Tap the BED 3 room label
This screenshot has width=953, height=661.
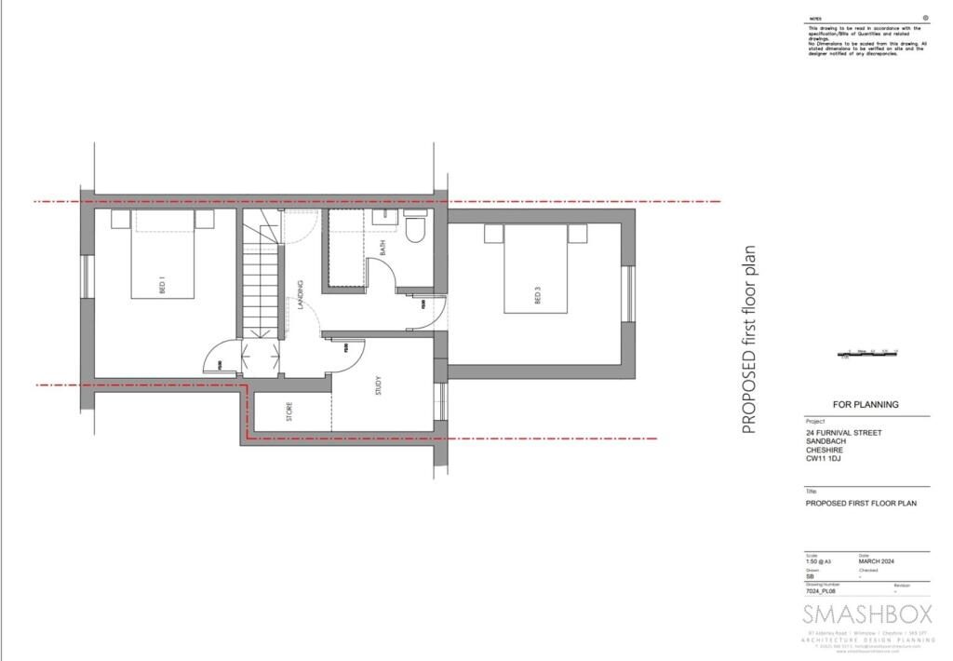click(x=538, y=295)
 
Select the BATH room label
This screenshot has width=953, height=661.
click(x=382, y=248)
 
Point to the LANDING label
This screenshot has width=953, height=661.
click(x=301, y=295)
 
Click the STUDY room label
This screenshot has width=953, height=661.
click(x=379, y=385)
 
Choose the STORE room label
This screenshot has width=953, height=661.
click(x=289, y=411)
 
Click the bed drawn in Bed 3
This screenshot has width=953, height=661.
click(x=537, y=270)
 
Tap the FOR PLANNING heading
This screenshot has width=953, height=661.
click(x=866, y=405)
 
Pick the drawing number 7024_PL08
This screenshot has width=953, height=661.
click(x=823, y=591)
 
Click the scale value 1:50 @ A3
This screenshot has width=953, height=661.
click(x=819, y=561)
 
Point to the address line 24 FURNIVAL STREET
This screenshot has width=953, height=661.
click(x=843, y=433)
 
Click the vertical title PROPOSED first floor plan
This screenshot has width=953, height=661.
click(x=748, y=340)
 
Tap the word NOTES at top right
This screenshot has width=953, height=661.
click(x=814, y=19)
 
